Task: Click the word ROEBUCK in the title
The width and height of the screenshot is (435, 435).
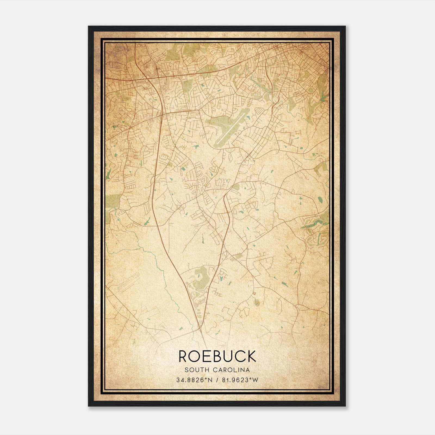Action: tap(217, 356)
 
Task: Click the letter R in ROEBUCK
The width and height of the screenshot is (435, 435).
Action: tap(184, 356)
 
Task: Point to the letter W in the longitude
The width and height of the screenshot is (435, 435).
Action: tap(255, 380)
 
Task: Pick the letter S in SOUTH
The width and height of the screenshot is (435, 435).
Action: tap(186, 370)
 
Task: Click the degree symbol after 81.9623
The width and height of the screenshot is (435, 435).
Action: tap(251, 378)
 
